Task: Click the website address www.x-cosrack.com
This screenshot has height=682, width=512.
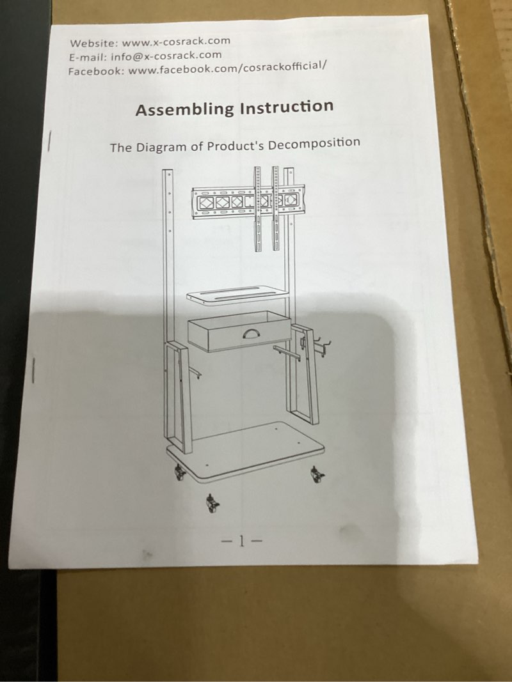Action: [176, 42]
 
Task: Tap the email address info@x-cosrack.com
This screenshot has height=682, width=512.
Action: [166, 56]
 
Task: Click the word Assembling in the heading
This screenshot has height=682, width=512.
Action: [184, 109]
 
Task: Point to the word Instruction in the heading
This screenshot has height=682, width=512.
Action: [287, 107]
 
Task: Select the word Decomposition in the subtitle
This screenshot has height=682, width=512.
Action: [314, 143]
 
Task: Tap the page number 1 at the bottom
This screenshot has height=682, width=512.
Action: [242, 541]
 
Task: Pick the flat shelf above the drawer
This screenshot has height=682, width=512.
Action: [237, 295]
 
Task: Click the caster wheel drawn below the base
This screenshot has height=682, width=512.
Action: [212, 503]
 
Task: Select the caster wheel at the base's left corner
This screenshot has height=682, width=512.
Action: [179, 472]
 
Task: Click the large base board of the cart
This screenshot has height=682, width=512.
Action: [245, 452]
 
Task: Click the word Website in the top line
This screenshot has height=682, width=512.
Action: [93, 43]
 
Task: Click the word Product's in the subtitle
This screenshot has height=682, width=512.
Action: [236, 145]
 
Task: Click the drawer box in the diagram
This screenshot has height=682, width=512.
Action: [239, 331]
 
